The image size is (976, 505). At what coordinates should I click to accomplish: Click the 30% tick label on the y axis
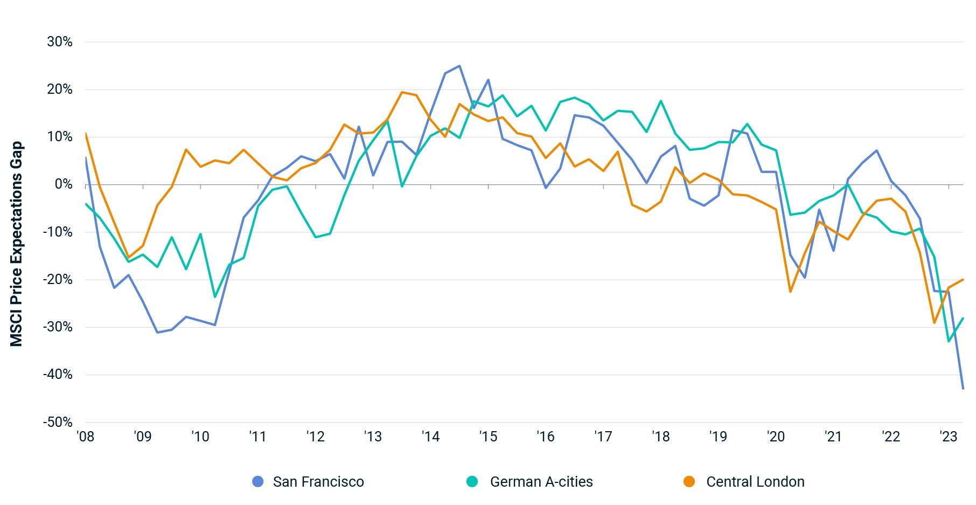point(59,42)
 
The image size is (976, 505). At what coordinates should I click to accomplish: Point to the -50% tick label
point(58,422)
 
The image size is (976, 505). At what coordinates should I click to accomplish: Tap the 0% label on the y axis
point(63,184)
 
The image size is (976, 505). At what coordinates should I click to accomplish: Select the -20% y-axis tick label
point(58,280)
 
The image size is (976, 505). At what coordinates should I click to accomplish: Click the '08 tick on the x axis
point(85,437)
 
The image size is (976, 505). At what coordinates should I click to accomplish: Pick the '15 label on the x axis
point(488,437)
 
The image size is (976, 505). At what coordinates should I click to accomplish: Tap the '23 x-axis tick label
point(948,437)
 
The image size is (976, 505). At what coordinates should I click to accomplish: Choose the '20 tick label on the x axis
point(776,437)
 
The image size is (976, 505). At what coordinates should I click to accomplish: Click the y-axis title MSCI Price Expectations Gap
point(17,244)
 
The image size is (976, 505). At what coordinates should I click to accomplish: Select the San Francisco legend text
point(318,482)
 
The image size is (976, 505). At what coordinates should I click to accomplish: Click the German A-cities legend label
point(541,482)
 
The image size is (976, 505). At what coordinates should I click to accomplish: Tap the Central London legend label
point(755,482)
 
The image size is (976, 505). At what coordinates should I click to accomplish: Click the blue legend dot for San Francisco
point(258,482)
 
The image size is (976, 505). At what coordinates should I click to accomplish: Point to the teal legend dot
point(472,482)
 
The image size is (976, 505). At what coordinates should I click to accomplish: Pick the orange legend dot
point(689,482)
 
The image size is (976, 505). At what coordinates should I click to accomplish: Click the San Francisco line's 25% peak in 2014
point(459,66)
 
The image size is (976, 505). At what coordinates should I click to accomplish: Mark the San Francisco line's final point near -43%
point(963,388)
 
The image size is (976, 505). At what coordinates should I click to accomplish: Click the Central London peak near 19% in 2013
point(402,92)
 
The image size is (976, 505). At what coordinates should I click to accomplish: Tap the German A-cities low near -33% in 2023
point(949,341)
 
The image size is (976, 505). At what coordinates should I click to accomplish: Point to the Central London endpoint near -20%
point(963,279)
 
